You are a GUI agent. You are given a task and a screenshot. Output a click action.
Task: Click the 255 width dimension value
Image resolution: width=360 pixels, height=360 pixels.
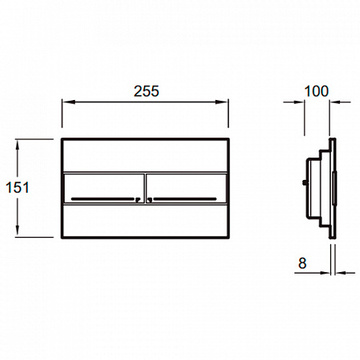pos(146,91)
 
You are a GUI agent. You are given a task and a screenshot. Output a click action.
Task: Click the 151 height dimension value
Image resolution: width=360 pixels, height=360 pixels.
pos(18,187)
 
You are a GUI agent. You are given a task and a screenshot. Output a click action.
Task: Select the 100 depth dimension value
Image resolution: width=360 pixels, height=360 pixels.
pos(316,91)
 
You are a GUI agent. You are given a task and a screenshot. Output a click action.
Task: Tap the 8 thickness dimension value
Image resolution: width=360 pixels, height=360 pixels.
pos(302,263)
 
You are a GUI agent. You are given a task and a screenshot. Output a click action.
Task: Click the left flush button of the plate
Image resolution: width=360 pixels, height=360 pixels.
pos(104,188)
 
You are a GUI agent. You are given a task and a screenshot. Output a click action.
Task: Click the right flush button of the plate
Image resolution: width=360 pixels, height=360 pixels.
pos(186,188)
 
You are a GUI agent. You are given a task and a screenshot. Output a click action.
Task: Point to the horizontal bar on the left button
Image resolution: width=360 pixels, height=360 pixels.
pos(102,199)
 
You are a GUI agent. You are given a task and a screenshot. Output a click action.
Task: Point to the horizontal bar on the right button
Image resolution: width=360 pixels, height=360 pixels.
pos(185,199)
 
